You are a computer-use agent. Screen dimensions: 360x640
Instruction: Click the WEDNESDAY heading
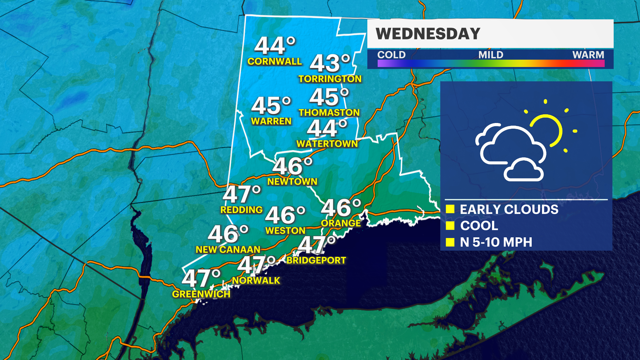428,34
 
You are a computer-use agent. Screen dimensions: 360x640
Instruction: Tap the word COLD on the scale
391,55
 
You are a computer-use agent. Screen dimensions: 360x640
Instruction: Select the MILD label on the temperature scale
491,55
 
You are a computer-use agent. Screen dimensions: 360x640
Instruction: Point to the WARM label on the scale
588,55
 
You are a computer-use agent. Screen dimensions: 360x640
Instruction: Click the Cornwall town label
274,61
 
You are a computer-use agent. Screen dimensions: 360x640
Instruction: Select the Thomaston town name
329,113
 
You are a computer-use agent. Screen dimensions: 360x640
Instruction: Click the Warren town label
271,121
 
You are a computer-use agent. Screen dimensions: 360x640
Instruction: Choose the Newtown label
292,182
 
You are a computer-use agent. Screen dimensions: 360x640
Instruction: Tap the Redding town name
241,210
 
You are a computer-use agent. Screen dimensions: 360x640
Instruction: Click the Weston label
285,231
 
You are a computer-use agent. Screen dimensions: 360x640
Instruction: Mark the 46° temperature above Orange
341,208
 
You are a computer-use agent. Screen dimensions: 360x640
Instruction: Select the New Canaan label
228,250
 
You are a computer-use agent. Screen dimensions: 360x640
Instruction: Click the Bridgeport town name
316,260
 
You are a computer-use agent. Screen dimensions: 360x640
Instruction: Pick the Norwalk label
256,281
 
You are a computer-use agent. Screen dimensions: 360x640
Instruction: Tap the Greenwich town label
201,294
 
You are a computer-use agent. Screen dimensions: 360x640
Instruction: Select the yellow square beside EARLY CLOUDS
450,209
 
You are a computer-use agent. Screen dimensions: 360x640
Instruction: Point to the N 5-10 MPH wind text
496,242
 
